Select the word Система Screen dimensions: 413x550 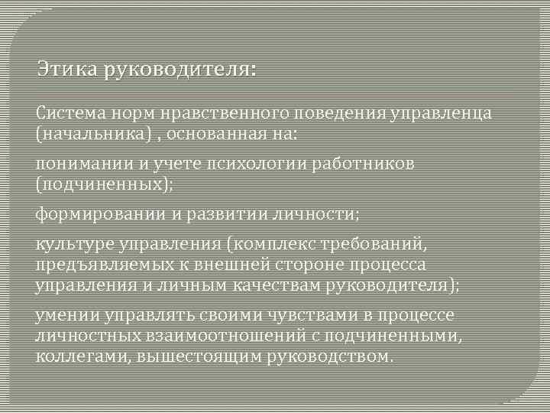coord(67,114)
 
